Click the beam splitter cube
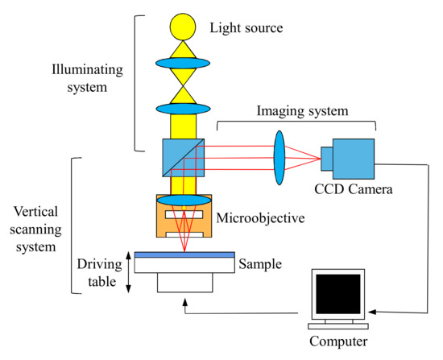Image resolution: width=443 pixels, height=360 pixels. (x=183, y=156)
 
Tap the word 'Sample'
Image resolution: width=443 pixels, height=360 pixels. (x=259, y=263)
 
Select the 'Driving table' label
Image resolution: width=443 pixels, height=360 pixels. (x=98, y=271)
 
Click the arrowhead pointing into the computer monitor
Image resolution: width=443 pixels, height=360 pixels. (x=371, y=309)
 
